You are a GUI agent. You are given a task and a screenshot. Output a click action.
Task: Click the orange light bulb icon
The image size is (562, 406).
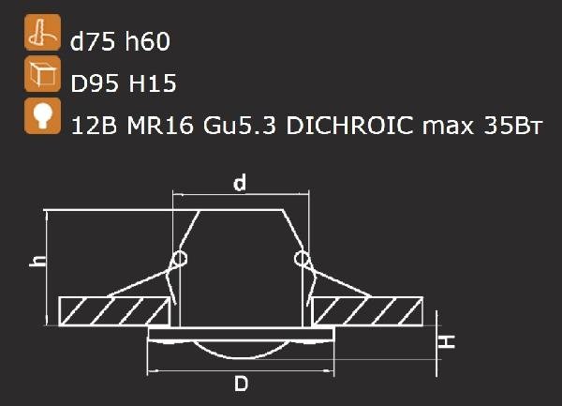click(43, 116)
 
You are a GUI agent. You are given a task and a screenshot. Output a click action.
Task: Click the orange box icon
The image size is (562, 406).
click(43, 74)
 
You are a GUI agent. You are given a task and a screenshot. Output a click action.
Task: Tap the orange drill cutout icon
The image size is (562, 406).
click(43, 32)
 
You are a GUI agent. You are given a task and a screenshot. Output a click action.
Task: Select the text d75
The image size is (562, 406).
click(93, 41)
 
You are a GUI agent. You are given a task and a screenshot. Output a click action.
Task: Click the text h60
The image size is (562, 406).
click(147, 41)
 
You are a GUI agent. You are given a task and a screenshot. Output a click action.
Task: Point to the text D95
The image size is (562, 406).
click(95, 83)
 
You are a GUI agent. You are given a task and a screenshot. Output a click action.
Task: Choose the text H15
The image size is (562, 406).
click(153, 83)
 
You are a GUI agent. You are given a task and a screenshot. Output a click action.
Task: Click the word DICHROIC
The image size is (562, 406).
click(349, 126)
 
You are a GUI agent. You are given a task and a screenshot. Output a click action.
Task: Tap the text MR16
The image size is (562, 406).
click(160, 126)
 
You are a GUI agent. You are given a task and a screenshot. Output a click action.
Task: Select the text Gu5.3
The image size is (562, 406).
click(240, 126)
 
